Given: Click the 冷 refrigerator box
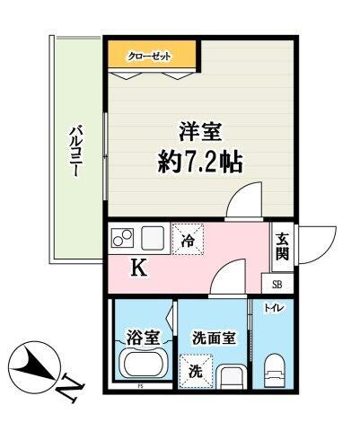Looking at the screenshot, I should point(189,239).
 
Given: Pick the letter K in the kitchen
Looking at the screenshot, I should point(139,267).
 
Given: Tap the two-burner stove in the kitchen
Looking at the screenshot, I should point(123,239).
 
